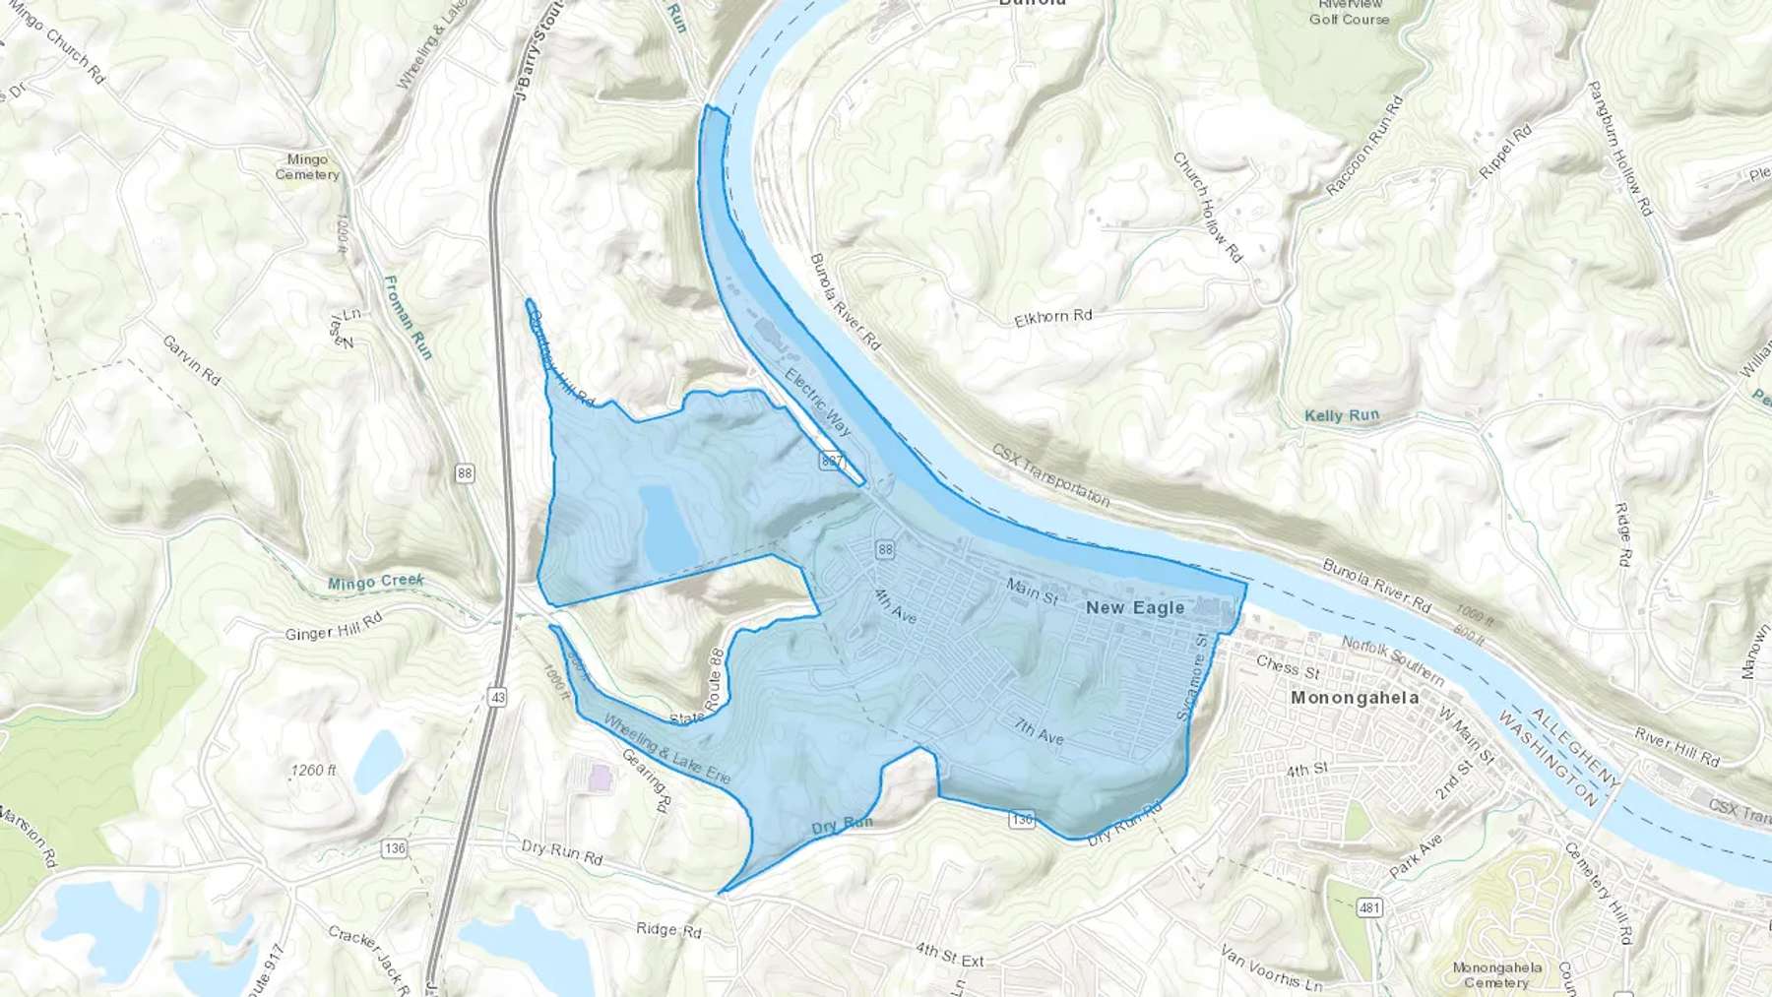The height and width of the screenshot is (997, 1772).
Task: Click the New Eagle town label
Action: [1135, 608]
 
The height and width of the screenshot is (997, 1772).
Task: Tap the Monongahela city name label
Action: [1355, 698]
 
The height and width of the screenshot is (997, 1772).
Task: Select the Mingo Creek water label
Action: [375, 583]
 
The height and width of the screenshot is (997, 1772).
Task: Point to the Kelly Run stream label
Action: [1342, 415]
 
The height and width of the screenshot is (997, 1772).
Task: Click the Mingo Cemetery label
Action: [307, 166]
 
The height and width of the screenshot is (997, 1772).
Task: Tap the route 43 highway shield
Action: [497, 698]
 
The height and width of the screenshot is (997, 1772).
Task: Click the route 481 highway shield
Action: [1369, 907]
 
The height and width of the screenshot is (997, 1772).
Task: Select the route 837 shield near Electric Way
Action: [832, 460]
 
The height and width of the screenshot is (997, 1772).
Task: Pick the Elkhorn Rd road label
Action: [1053, 317]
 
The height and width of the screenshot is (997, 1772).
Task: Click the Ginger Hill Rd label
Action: [333, 627]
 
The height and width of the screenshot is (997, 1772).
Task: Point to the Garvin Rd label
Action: [191, 359]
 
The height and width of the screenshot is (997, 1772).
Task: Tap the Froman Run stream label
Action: [408, 317]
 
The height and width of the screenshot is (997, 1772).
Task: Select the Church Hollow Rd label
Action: [1207, 207]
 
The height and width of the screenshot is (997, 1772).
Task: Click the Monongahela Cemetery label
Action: [1496, 974]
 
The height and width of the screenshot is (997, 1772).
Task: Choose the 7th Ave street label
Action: [1040, 731]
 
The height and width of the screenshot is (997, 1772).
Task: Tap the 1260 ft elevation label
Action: [313, 770]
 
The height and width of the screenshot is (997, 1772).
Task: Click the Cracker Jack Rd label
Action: [367, 959]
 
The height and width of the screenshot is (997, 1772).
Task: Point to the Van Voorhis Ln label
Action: [1271, 967]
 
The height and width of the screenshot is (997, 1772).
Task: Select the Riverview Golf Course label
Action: [1349, 12]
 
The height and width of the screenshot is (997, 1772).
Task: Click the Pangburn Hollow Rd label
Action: [1618, 149]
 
